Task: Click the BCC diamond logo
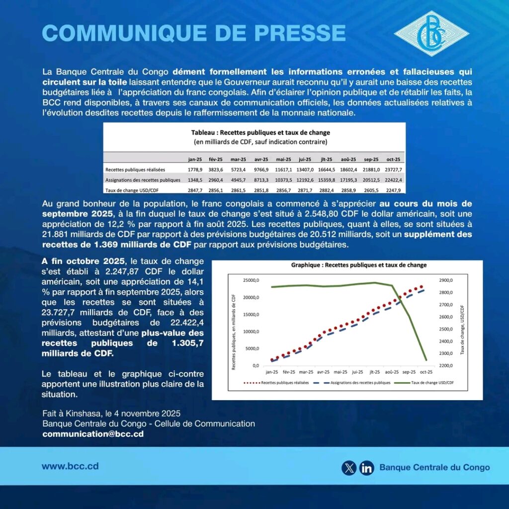tap(431, 33)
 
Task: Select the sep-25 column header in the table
tap(371, 159)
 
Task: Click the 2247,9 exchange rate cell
tap(393, 189)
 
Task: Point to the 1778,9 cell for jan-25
tap(194, 170)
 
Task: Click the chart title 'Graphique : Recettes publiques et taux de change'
tap(358, 265)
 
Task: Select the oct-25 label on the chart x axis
tap(425, 371)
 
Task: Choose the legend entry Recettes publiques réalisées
tap(277, 383)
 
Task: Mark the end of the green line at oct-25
tap(426, 359)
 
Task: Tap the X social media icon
tap(349, 467)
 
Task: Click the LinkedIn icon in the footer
tap(367, 467)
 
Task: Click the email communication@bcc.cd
tap(93, 433)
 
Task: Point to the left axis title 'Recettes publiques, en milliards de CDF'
tap(234, 325)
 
